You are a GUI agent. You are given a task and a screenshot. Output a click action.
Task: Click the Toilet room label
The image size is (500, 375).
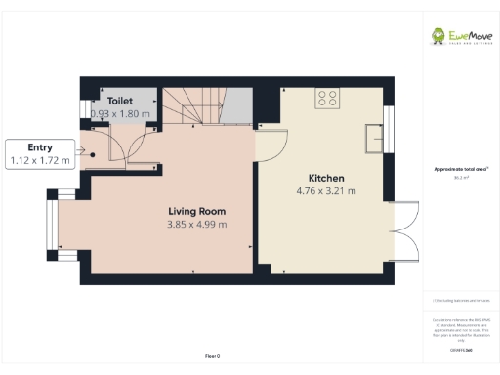pos(120,100)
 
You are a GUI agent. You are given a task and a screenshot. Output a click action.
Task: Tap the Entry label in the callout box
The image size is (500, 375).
pos(40,146)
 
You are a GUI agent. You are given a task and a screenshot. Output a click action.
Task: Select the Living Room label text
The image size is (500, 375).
pos(196,211)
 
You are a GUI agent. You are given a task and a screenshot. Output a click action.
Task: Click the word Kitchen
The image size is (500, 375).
pos(325,178)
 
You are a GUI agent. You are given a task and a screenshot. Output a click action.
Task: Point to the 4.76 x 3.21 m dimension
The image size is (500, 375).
pos(325,191)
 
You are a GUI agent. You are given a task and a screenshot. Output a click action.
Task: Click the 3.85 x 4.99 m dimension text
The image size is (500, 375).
pos(196,225)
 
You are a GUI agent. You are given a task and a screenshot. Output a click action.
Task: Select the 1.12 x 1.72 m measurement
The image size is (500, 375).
pos(40,160)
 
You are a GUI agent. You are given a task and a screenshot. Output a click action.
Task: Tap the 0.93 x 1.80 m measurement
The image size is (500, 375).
pos(120,113)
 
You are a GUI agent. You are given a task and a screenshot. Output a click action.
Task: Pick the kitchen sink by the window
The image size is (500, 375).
pos(373,138)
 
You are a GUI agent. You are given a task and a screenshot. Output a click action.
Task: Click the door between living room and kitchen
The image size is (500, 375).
pos(270,146)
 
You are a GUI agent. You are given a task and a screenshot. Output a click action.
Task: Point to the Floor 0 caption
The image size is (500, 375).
pos(212,356)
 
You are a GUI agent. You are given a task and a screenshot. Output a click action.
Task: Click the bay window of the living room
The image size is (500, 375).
pos(51,226)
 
